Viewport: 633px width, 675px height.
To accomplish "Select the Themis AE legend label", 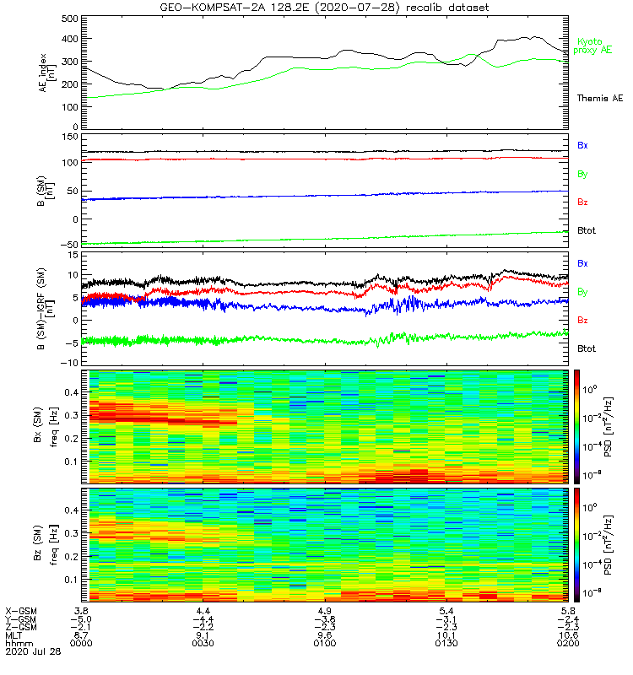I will [x=598, y=99].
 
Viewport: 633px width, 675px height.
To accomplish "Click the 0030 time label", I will [x=203, y=644].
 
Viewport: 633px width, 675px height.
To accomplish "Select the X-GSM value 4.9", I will [x=325, y=609].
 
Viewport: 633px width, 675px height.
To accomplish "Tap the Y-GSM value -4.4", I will [x=202, y=618].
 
